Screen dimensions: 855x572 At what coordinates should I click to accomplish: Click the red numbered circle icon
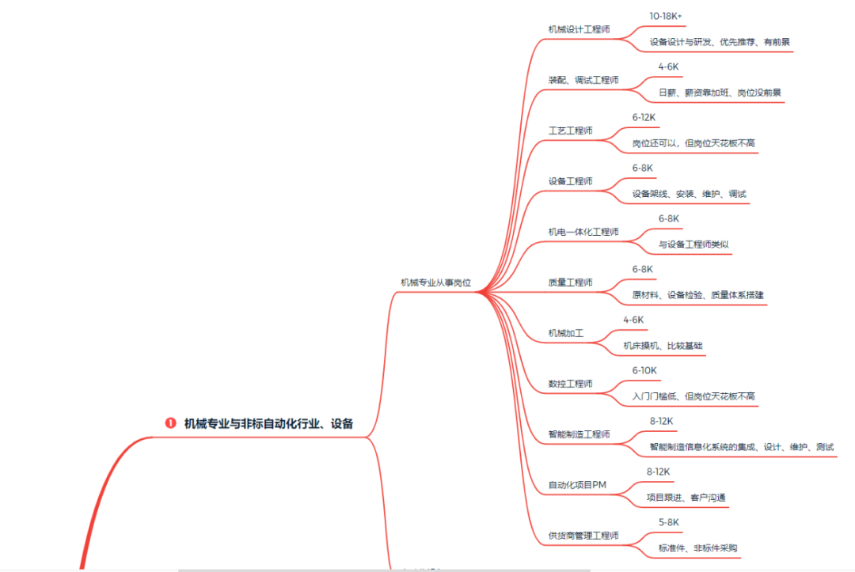pyautogui.click(x=170, y=423)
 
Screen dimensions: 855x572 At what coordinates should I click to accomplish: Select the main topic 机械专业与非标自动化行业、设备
pyautogui.click(x=268, y=423)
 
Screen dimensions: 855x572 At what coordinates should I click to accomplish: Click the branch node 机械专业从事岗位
pyautogui.click(x=435, y=282)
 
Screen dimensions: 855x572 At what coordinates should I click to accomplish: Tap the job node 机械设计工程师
pyautogui.click(x=579, y=29)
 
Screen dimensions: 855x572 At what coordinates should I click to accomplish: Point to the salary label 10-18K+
pyautogui.click(x=666, y=16)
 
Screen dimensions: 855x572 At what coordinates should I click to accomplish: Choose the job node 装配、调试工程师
pyautogui.click(x=583, y=80)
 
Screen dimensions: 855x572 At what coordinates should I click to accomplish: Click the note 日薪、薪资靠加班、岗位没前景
pyautogui.click(x=720, y=93)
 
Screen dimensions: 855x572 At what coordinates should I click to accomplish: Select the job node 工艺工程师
pyautogui.click(x=570, y=131)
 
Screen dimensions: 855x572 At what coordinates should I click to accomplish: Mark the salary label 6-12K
pyautogui.click(x=644, y=117)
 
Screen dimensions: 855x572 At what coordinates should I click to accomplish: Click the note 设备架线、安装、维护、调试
pyautogui.click(x=689, y=194)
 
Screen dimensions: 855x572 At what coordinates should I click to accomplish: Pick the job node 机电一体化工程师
pyautogui.click(x=583, y=232)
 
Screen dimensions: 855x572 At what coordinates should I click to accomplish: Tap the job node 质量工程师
pyautogui.click(x=570, y=282)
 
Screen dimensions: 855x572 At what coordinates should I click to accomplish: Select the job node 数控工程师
pyautogui.click(x=570, y=384)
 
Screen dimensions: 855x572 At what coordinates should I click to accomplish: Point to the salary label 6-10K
pyautogui.click(x=644, y=370)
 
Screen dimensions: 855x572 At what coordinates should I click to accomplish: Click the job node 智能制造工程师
pyautogui.click(x=579, y=434)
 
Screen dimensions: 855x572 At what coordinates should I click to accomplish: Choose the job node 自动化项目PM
pyautogui.click(x=577, y=485)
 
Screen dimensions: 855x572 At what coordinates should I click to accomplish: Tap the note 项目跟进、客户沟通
pyautogui.click(x=686, y=498)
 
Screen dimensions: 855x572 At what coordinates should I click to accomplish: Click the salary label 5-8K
pyautogui.click(x=669, y=522)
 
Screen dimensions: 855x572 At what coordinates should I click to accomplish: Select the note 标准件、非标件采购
pyautogui.click(x=697, y=548)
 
